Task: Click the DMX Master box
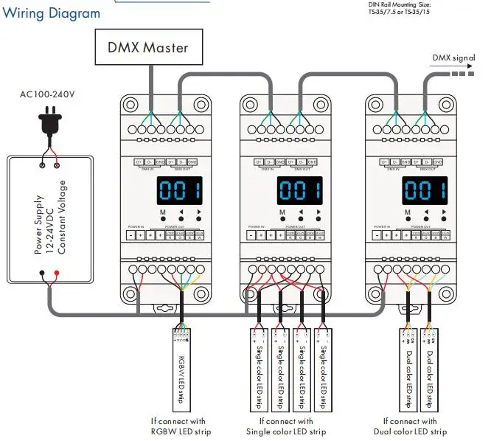click(148, 48)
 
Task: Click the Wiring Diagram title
click(51, 13)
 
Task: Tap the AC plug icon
click(50, 122)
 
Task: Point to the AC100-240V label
click(49, 94)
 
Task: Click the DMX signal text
click(453, 58)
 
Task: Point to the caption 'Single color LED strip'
click(288, 431)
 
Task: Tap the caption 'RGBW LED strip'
click(171, 431)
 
